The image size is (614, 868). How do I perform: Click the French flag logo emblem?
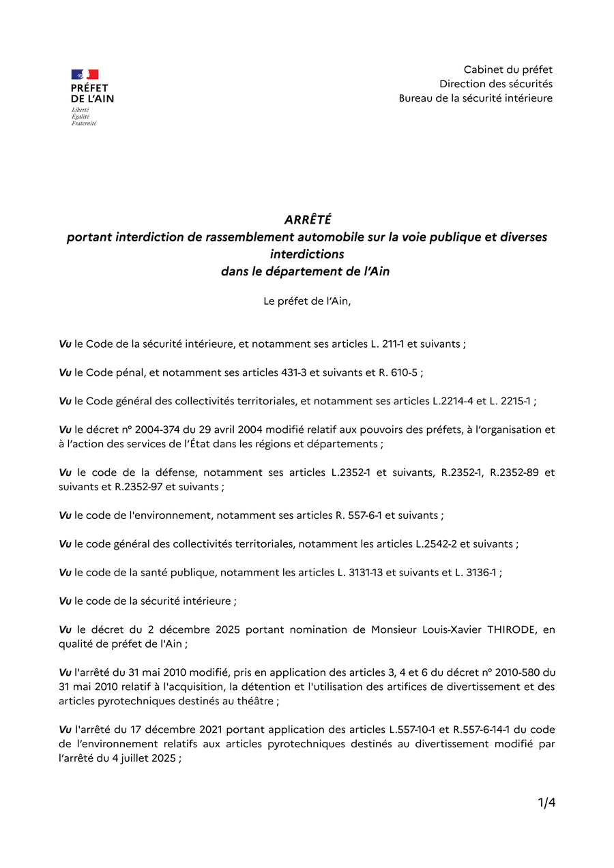85,74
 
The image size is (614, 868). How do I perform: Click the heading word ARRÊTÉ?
308,220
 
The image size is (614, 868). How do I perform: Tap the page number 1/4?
546,803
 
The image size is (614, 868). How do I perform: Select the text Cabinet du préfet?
508,70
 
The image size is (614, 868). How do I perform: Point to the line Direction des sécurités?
495,84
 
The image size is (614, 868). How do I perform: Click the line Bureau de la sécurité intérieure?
476,98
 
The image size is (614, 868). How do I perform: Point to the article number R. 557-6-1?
358,515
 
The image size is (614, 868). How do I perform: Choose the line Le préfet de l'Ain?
307,301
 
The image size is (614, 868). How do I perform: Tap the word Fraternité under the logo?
84,123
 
